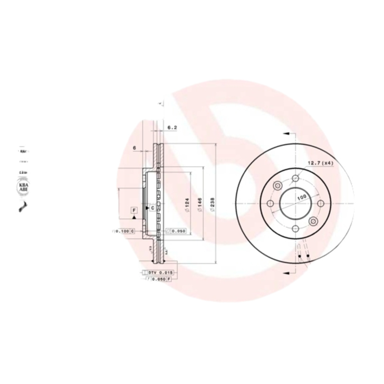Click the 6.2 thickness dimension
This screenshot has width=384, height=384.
(x=172, y=128)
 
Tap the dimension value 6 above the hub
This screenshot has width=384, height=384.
(x=135, y=147)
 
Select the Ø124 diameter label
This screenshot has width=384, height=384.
(x=187, y=205)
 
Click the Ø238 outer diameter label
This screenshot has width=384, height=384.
(x=212, y=205)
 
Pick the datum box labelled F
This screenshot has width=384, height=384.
(x=134, y=210)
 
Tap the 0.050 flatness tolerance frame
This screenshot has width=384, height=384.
(x=176, y=231)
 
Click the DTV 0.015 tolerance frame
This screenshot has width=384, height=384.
(x=159, y=273)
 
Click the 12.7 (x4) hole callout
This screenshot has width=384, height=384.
(x=320, y=163)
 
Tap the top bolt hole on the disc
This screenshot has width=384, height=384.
(x=295, y=179)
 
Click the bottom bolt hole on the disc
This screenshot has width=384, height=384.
(x=295, y=228)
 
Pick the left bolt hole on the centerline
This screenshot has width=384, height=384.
(x=270, y=204)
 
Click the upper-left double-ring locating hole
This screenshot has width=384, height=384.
(x=277, y=186)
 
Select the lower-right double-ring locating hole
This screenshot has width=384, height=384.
(x=313, y=221)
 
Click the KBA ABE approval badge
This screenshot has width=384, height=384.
(x=23, y=187)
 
